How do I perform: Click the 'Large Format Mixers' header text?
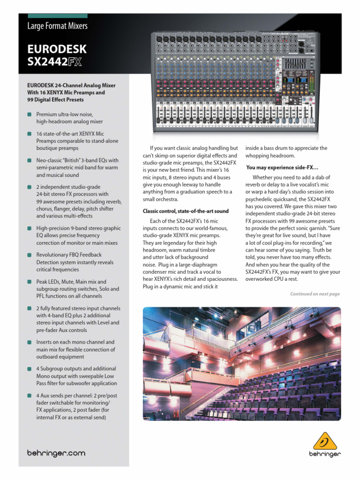pyautogui.click(x=58, y=26)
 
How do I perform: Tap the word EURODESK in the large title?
pyautogui.click(x=57, y=49)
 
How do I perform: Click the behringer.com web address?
pyautogui.click(x=56, y=453)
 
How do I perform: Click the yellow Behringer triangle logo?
pyautogui.click(x=324, y=441)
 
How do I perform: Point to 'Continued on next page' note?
pyautogui.click(x=315, y=294)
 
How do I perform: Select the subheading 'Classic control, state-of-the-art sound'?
pyautogui.click(x=186, y=211)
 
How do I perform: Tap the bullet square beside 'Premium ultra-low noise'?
pyautogui.click(x=30, y=114)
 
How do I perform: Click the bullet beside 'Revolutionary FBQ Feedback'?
pyautogui.click(x=30, y=255)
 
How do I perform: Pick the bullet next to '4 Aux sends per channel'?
pyautogui.click(x=30, y=396)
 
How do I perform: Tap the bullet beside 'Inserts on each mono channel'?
pyautogui.click(x=30, y=342)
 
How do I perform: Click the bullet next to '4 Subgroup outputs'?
pyautogui.click(x=30, y=369)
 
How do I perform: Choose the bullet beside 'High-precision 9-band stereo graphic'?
pyautogui.click(x=30, y=228)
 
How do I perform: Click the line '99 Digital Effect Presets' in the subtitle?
pyautogui.click(x=56, y=100)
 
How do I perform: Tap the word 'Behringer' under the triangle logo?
pyautogui.click(x=325, y=454)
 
